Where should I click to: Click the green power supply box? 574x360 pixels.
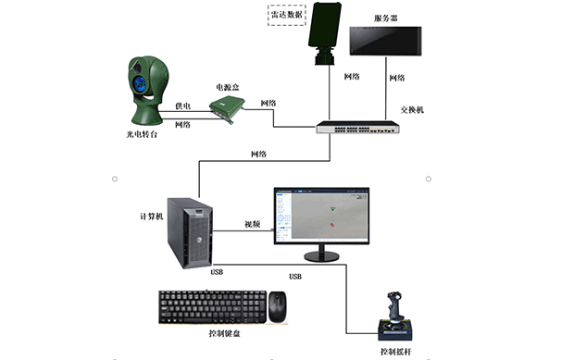pyautogui.click(x=226, y=108)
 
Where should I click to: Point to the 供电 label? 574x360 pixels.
pyautogui.click(x=182, y=106)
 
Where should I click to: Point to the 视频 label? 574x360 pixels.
pyautogui.click(x=252, y=224)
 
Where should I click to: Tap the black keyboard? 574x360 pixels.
pyautogui.click(x=212, y=306)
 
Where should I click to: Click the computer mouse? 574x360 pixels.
pyautogui.click(x=278, y=305)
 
